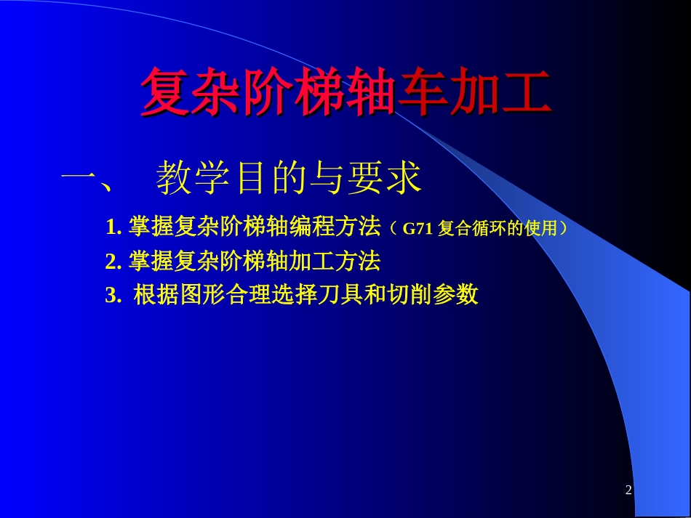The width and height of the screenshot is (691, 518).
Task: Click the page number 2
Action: [x=628, y=491]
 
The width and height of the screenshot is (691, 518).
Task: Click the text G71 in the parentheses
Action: [x=418, y=229]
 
